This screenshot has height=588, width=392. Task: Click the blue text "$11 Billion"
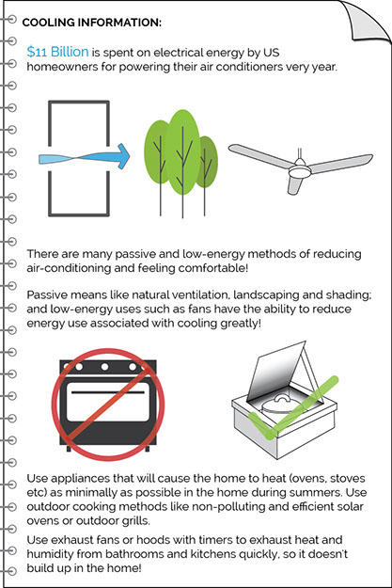click(57, 52)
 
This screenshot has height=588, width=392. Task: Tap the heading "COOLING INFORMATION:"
click(92, 23)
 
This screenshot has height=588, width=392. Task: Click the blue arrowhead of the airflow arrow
click(122, 156)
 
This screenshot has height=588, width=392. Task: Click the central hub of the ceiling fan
click(300, 171)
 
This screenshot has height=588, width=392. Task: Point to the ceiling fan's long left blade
click(259, 154)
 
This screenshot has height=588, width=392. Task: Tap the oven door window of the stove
click(108, 402)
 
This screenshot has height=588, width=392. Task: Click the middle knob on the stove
click(105, 366)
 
